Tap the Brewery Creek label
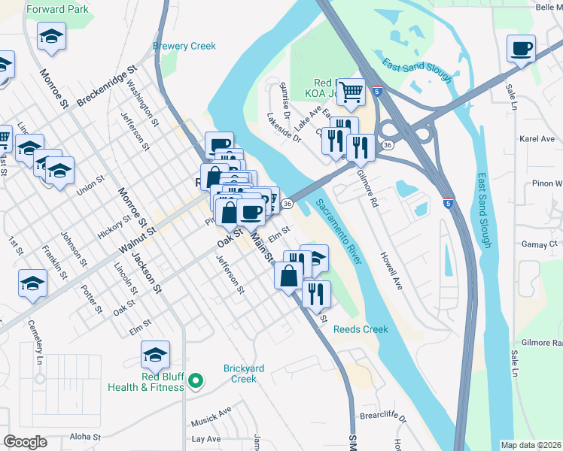[x=184, y=46]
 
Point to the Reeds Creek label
[x=361, y=329]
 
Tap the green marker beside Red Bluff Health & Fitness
[x=196, y=381]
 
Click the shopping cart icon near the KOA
[x=351, y=92]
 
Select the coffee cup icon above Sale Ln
[x=521, y=50]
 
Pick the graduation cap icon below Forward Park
[x=51, y=36]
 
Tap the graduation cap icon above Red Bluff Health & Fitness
[x=155, y=354]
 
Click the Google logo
[x=26, y=442]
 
